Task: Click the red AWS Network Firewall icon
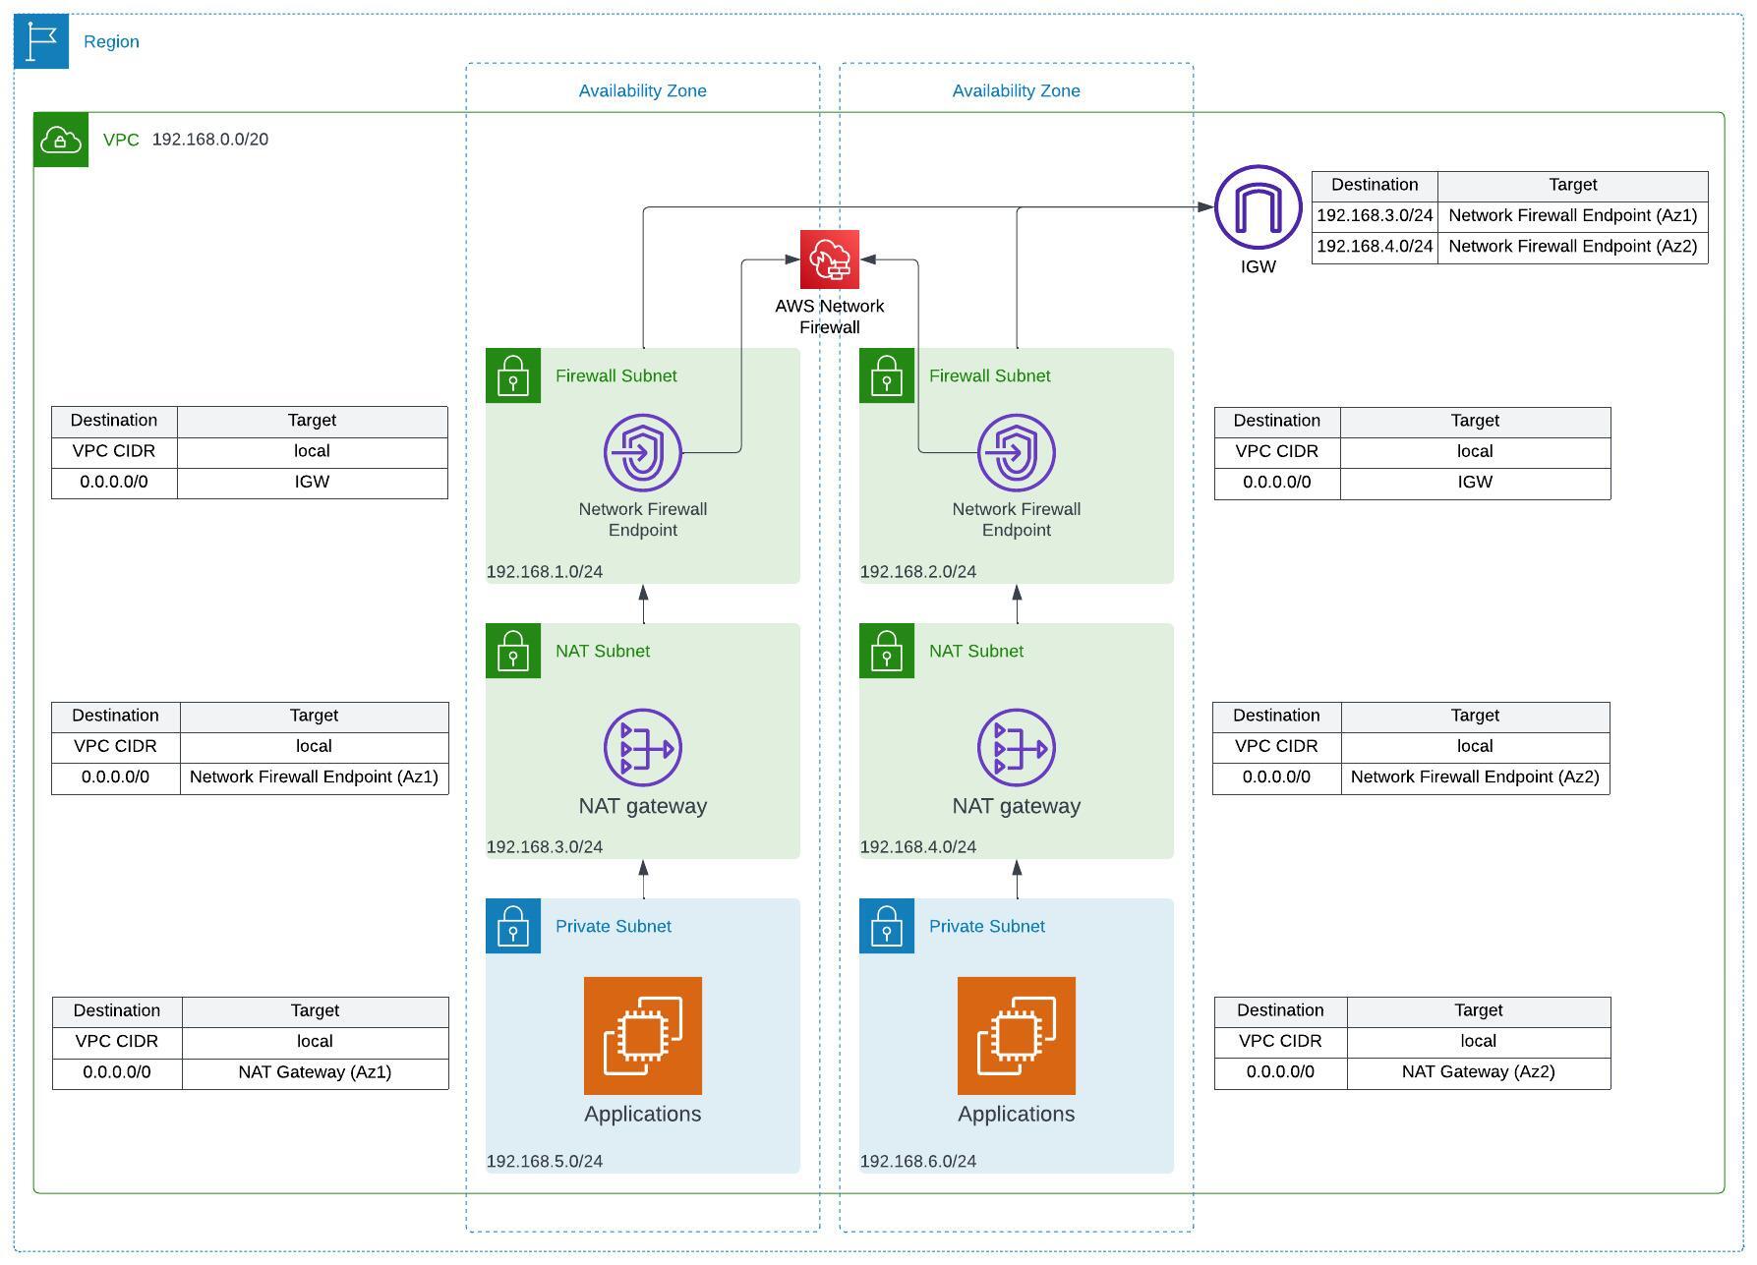pos(829,259)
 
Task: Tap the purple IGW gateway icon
pos(1258,207)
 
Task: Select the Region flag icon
pos(41,41)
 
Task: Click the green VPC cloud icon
pos(61,140)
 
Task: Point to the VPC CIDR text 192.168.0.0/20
pos(209,140)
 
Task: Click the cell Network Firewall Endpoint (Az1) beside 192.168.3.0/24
pos(1571,216)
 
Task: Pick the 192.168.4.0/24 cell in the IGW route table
pos(1374,247)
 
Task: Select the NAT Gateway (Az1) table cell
pos(315,1072)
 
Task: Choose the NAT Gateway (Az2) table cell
pos(1477,1072)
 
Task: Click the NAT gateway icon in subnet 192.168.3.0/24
pos(642,748)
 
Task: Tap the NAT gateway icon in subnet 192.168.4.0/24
pos(1016,748)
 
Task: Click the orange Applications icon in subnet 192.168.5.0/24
pos(642,1035)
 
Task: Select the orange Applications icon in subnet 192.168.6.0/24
pos(1016,1035)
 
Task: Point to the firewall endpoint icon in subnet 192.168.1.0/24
pos(642,452)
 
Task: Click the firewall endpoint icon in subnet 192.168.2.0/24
pos(1016,452)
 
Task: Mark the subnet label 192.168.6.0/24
pos(917,1162)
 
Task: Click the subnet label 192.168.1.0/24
pos(544,572)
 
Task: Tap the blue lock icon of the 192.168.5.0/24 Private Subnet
pos(512,926)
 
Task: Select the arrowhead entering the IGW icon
pos(1205,207)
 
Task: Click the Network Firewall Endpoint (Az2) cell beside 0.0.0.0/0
pos(1474,777)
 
